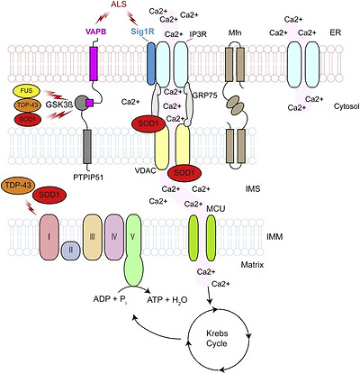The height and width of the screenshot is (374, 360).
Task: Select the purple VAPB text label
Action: pos(95,32)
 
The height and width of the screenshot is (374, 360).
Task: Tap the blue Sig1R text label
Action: pos(142,32)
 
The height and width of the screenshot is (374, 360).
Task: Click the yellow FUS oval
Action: pos(27,91)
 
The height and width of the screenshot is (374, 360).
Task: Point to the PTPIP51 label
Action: pos(88,178)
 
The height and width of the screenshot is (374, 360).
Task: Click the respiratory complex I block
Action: pos(49,237)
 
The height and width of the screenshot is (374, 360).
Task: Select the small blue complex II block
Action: pos(71,250)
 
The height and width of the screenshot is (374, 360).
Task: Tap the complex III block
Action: pos(93,237)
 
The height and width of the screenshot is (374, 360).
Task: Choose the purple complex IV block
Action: pos(114,237)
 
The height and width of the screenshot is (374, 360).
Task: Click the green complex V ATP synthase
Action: pos(134,250)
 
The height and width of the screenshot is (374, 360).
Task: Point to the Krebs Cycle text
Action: pos(217,338)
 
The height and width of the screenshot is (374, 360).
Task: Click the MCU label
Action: pos(216,208)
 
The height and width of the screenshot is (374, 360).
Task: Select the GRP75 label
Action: pos(205,95)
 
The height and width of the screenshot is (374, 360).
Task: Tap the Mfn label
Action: pos(234,32)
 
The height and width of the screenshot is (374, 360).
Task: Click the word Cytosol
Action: pos(346,106)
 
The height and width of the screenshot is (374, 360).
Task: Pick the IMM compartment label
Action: pos(274,237)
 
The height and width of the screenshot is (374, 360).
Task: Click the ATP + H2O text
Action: pos(166,299)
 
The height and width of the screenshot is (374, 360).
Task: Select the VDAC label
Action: pos(145,170)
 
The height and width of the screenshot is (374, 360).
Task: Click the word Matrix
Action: pos(252,265)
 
